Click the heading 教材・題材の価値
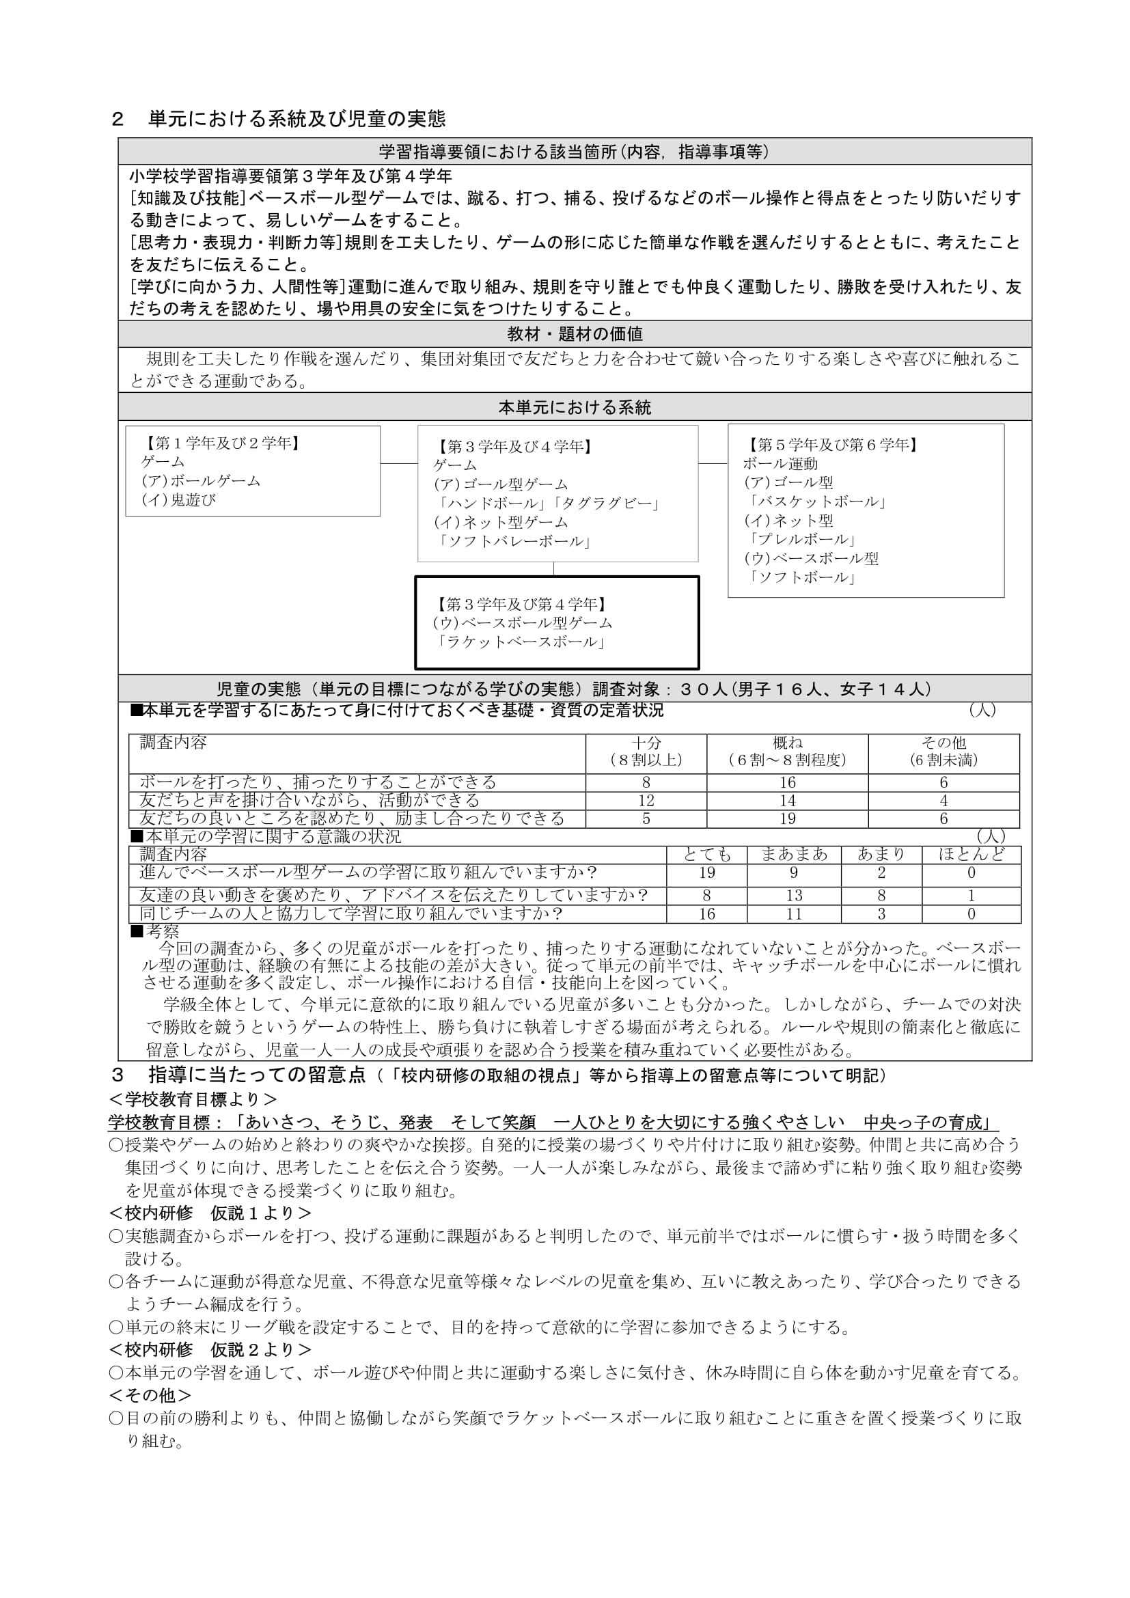tap(575, 334)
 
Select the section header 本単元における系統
tap(575, 407)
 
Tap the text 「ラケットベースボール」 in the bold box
tap(520, 642)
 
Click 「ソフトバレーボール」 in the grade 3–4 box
tap(514, 542)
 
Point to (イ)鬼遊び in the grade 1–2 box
tap(179, 499)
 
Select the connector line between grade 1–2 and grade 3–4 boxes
tap(399, 463)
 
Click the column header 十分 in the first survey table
tap(646, 743)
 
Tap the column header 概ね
tap(787, 743)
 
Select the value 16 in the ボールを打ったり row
tap(787, 783)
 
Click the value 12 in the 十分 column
tap(646, 801)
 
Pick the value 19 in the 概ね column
tap(787, 819)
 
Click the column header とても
tap(707, 855)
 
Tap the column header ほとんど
tap(971, 855)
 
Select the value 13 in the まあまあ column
tap(794, 896)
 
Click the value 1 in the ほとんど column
tap(971, 896)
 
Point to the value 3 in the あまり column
tap(881, 914)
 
